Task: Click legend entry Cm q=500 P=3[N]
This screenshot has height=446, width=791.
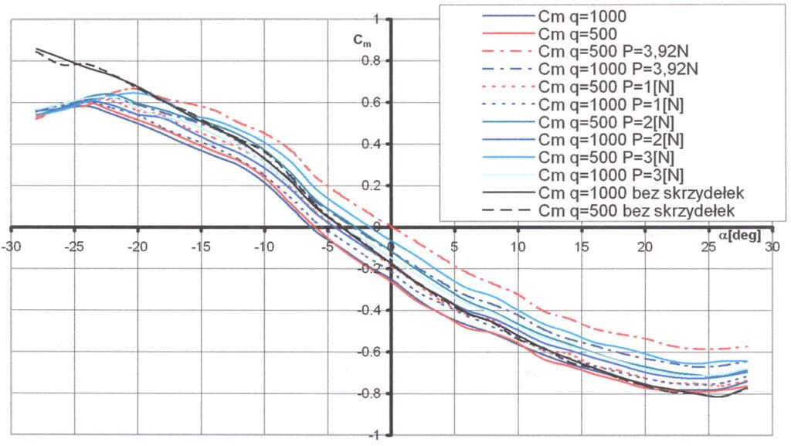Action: coord(605,156)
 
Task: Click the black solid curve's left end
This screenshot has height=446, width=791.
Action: coord(36,49)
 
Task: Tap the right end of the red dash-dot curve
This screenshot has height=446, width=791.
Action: coord(748,346)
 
